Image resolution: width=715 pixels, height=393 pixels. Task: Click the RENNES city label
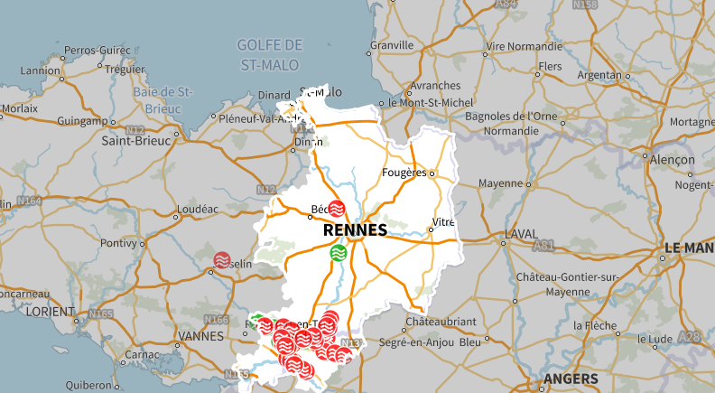pyautogui.click(x=355, y=230)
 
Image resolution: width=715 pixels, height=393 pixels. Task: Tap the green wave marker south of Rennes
pyautogui.click(x=339, y=252)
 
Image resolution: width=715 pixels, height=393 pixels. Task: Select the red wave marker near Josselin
pyautogui.click(x=222, y=260)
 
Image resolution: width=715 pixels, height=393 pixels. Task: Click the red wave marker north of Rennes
pyautogui.click(x=337, y=209)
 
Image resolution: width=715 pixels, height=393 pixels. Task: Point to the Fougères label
pyautogui.click(x=404, y=172)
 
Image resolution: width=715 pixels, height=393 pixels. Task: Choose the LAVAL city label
pyautogui.click(x=521, y=233)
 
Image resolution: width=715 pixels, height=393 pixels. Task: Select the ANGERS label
pyautogui.click(x=571, y=378)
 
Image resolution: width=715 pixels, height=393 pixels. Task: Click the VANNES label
pyautogui.click(x=202, y=336)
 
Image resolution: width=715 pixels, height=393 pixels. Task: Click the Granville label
pyautogui.click(x=391, y=44)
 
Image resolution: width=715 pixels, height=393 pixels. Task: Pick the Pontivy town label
pyautogui.click(x=117, y=243)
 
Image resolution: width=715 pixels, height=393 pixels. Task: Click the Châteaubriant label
pyautogui.click(x=440, y=322)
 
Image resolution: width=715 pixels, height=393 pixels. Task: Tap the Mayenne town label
pyautogui.click(x=500, y=182)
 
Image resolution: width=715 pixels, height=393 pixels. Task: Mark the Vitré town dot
pyautogui.click(x=431, y=229)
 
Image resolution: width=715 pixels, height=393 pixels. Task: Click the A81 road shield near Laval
pyautogui.click(x=569, y=245)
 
